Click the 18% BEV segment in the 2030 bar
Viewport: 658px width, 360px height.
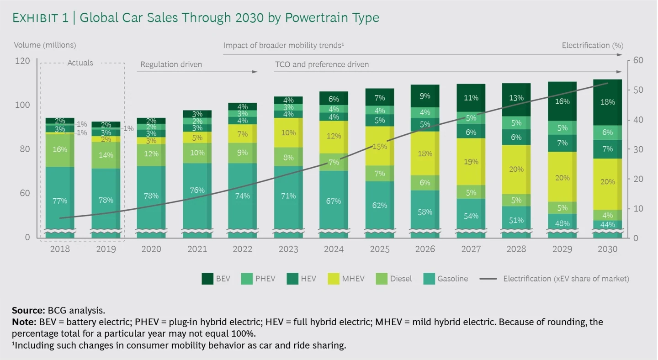[607, 102]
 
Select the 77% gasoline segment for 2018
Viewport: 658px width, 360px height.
[60, 200]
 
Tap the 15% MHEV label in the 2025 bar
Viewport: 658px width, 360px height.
[379, 147]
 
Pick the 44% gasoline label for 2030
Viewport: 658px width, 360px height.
[607, 225]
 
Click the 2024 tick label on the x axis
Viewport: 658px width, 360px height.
[334, 249]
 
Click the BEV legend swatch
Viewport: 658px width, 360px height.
[207, 279]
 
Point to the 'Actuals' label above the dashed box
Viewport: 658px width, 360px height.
[80, 63]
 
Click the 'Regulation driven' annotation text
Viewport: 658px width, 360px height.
[171, 64]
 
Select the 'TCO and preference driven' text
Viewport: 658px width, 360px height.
[322, 64]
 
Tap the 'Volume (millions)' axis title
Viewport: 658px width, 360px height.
[45, 45]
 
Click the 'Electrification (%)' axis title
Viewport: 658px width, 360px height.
[592, 45]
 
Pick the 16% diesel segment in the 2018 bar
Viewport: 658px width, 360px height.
[60, 149]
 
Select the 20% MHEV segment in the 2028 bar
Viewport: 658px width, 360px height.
[516, 169]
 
